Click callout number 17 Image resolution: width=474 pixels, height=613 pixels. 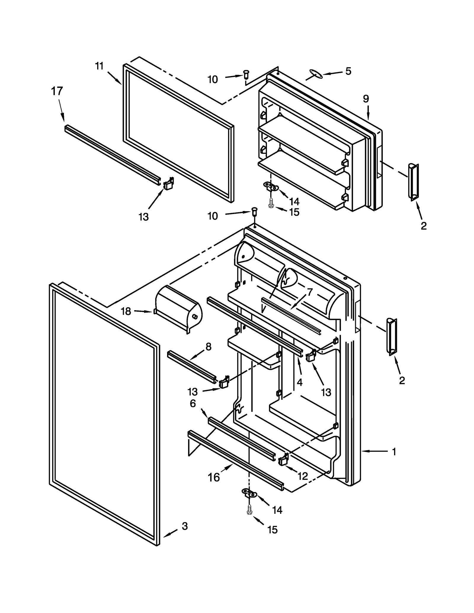click(x=57, y=91)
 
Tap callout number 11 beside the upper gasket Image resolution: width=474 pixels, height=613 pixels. click(x=99, y=66)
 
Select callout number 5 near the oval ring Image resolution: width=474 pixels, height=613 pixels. click(x=348, y=71)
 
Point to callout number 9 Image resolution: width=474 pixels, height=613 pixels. click(x=366, y=99)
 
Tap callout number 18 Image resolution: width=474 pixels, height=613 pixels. click(x=126, y=311)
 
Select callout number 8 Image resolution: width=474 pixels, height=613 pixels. click(x=208, y=347)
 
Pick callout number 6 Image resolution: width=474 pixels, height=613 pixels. click(x=193, y=403)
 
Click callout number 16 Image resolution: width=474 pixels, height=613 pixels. click(x=214, y=477)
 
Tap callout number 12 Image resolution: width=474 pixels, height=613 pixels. click(x=303, y=476)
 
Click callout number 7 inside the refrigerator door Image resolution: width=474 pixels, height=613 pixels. click(x=310, y=292)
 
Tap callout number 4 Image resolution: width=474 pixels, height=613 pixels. click(x=300, y=382)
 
